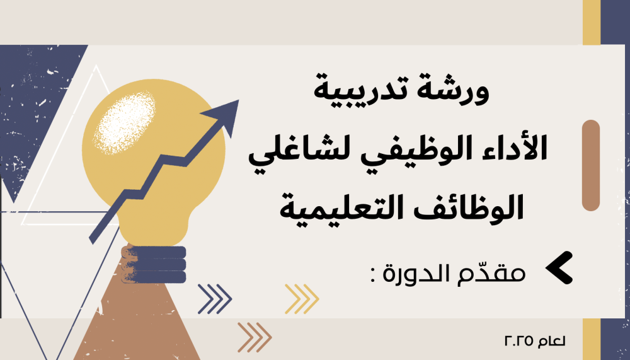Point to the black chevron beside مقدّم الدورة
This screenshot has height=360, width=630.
[x=559, y=268]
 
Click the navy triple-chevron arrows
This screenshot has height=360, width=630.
[x=215, y=299]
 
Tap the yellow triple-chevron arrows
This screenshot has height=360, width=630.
[x=302, y=299]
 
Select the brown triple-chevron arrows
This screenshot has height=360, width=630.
[x=255, y=337]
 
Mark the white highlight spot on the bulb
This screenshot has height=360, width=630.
[x=125, y=123]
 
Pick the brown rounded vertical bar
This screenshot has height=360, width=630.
[x=591, y=165]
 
